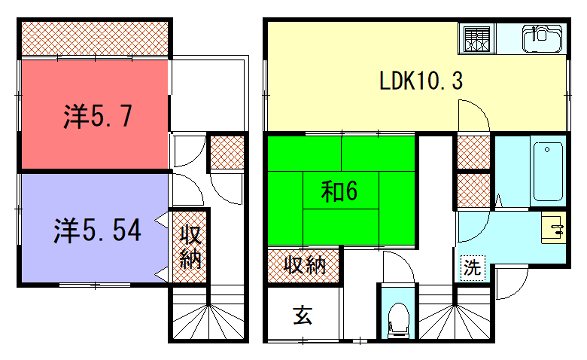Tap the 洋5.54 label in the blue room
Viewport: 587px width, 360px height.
click(x=96, y=231)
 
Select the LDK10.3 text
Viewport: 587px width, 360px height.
click(x=419, y=80)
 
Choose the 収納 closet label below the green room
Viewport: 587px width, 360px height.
click(x=302, y=265)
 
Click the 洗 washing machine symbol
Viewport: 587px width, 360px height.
click(x=471, y=268)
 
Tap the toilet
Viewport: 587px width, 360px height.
click(x=397, y=318)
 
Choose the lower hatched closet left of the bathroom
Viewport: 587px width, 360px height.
click(x=472, y=191)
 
